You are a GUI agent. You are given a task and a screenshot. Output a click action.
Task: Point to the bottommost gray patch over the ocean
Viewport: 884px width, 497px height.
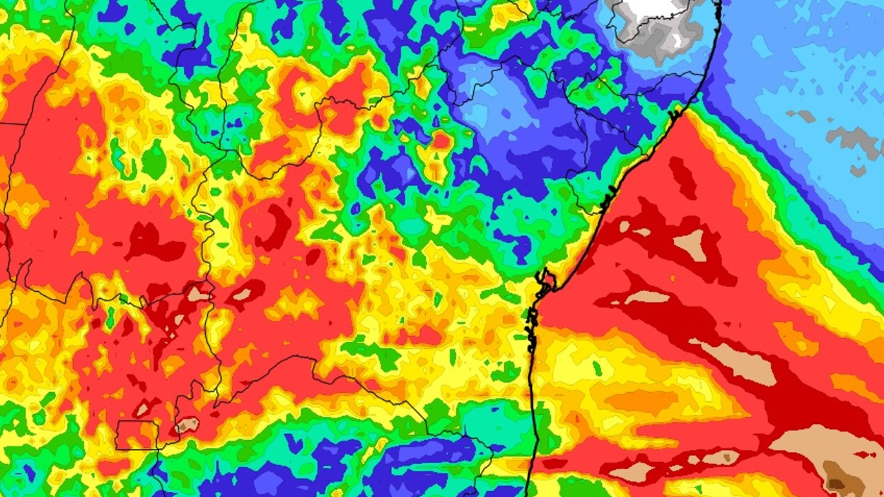click(x=857, y=171)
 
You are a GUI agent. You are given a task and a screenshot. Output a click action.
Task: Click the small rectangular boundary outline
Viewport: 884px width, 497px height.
click(x=137, y=434)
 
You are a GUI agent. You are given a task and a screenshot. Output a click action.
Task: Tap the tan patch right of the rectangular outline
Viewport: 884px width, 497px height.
click(x=188, y=425)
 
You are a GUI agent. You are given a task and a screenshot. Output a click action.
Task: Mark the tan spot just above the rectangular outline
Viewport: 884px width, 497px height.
click(x=144, y=408)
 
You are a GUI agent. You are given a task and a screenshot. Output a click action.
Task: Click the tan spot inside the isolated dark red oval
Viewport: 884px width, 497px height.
click(x=242, y=294)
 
